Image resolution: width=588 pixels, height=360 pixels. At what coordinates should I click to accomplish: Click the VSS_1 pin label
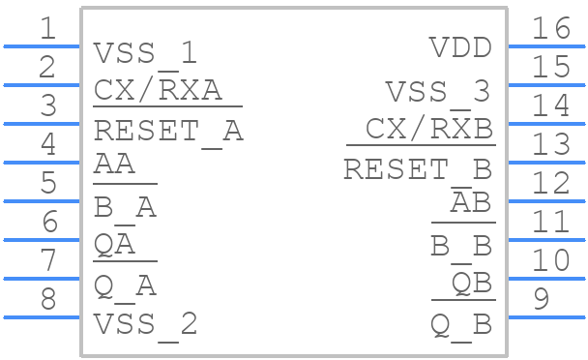coord(145,52)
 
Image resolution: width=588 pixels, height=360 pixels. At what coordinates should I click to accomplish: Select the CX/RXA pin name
coord(158,91)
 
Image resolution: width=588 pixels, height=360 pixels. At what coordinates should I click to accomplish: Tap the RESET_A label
coord(167,130)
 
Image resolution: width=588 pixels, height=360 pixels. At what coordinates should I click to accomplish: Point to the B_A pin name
coord(125,208)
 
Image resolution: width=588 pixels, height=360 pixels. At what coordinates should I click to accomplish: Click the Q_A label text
coord(125,286)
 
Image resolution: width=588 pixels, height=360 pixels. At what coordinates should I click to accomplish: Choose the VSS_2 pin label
coord(145,324)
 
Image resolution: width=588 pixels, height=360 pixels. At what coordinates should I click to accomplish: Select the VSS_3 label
coord(438,92)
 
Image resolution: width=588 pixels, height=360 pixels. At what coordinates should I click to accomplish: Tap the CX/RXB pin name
coord(429,129)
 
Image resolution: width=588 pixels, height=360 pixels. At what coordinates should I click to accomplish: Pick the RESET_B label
coord(418,169)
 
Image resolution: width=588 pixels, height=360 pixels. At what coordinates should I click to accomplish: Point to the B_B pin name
coord(461,247)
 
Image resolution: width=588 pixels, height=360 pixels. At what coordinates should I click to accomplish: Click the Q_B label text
coord(461,325)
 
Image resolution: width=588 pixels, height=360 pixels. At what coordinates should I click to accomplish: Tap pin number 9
coord(542,300)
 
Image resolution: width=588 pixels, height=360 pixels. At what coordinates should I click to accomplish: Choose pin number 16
coord(551,29)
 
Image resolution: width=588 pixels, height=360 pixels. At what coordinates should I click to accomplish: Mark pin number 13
coord(551,145)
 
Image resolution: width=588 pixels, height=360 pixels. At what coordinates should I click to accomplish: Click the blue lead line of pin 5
coord(42,200)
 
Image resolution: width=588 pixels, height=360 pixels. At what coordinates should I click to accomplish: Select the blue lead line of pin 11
coord(546,239)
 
